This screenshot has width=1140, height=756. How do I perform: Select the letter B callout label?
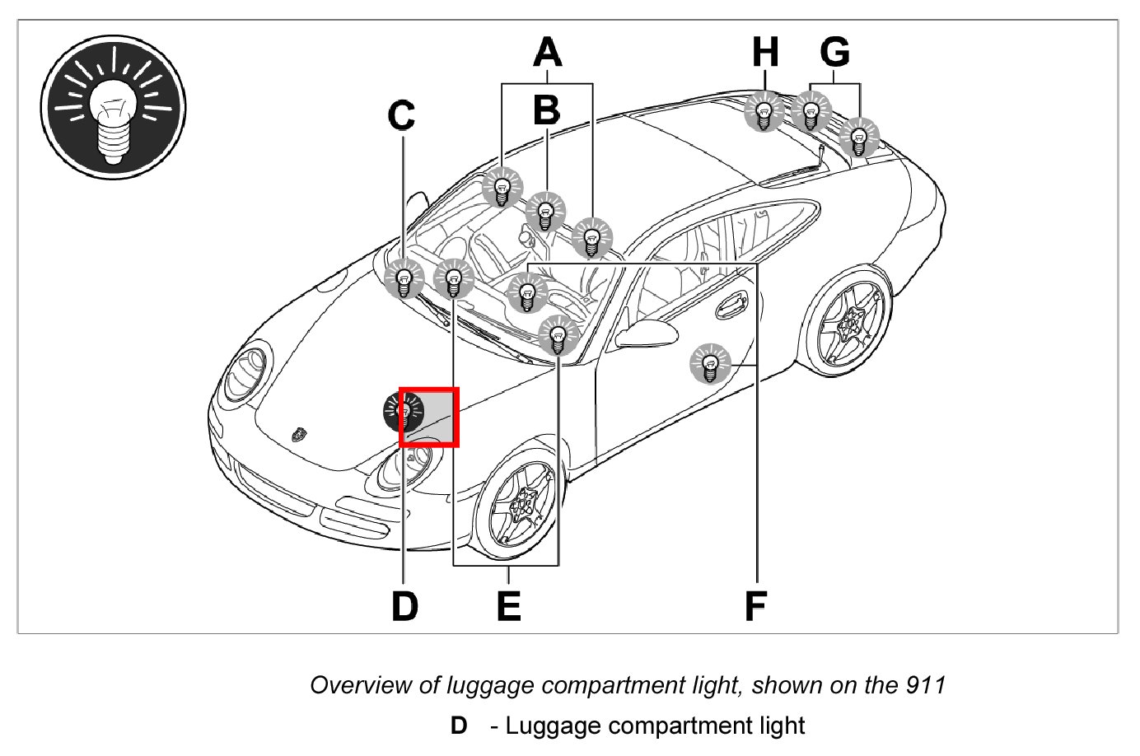(x=546, y=110)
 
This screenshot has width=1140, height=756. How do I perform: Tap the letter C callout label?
(x=402, y=116)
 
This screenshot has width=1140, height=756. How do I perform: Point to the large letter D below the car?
(x=404, y=606)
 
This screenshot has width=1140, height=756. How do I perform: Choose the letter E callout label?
(x=509, y=606)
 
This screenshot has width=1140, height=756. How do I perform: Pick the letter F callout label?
(x=755, y=606)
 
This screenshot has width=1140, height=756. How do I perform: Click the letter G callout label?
(x=835, y=53)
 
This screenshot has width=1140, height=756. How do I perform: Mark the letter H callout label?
(x=765, y=53)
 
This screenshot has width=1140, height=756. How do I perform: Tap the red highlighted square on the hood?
(x=429, y=417)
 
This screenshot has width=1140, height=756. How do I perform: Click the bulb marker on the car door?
(x=710, y=362)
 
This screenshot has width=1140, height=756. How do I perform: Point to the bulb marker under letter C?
(x=404, y=278)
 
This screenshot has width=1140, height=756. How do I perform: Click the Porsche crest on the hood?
(x=297, y=433)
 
